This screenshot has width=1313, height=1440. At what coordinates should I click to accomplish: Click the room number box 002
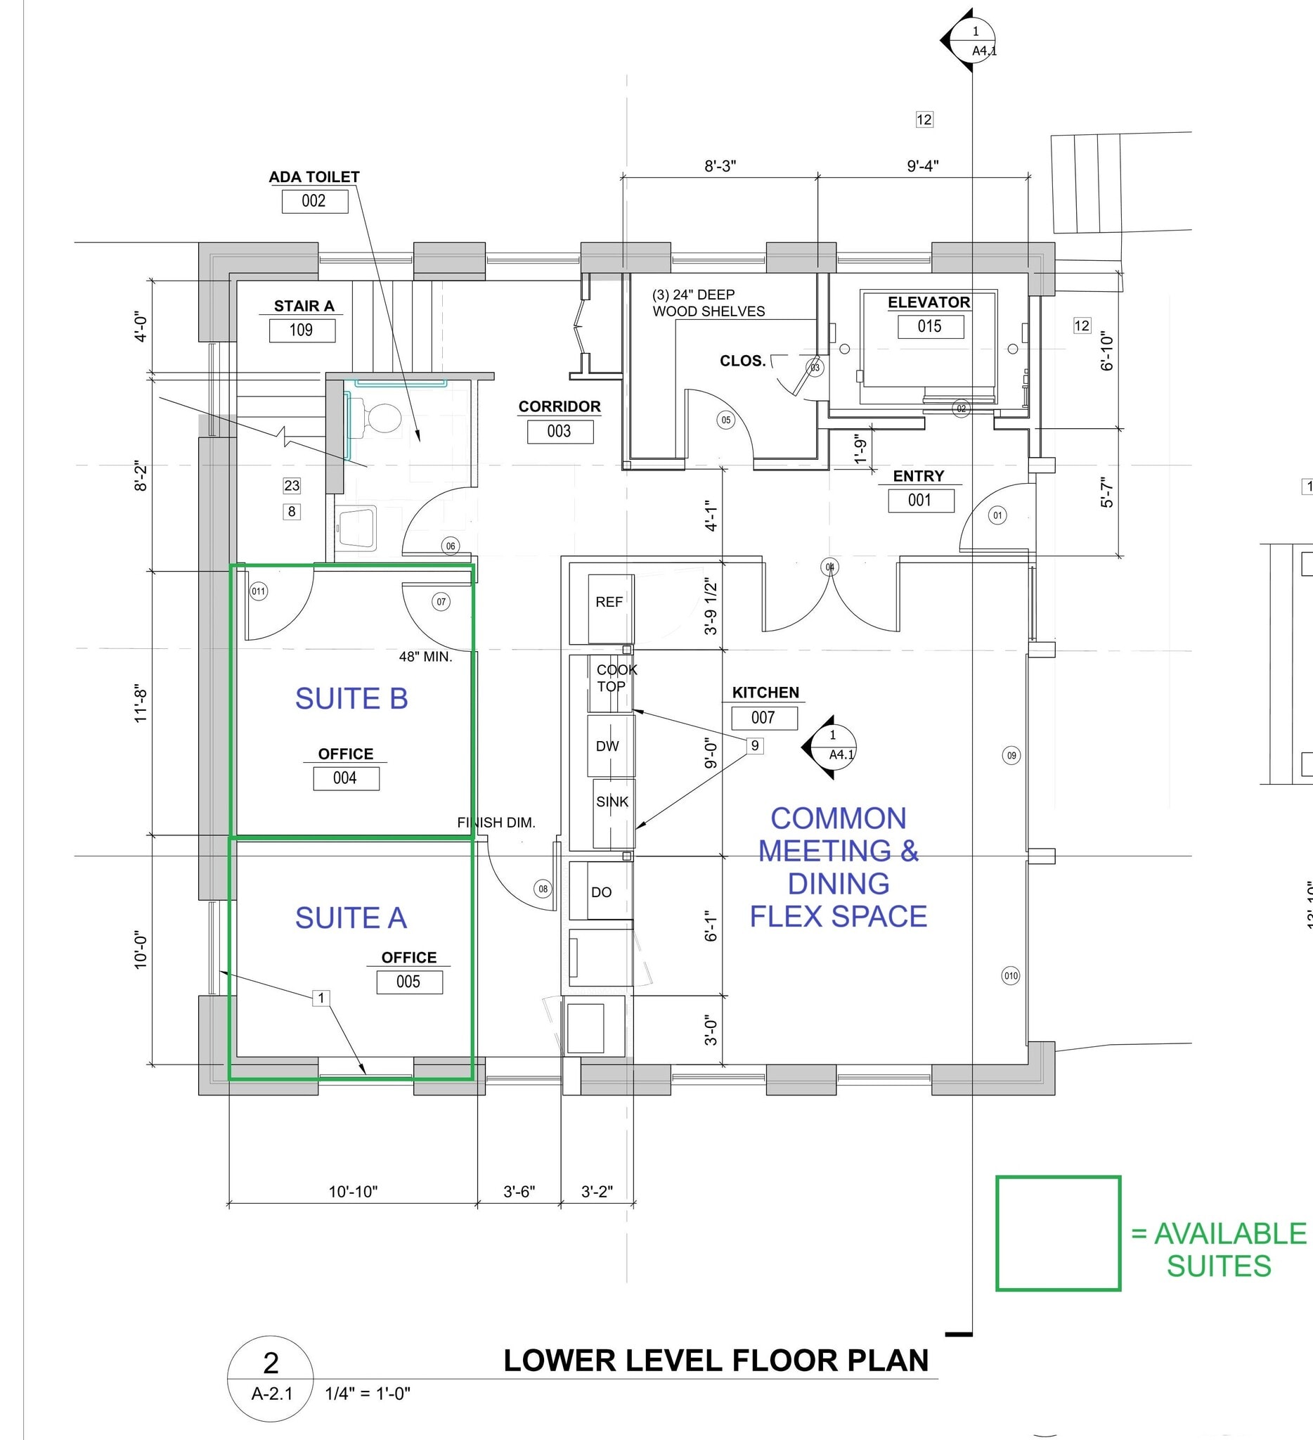315,200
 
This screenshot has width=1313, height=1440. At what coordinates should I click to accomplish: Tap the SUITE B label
351,699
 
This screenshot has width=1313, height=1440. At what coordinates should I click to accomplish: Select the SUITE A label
351,918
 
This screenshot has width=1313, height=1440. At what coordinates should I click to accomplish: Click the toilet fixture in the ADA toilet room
381,418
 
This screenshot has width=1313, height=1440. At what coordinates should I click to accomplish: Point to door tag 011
259,591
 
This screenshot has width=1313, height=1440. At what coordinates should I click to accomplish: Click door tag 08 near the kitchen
543,889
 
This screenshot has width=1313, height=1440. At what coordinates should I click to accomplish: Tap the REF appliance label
609,602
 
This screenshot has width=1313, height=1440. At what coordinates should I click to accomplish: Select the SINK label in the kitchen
612,802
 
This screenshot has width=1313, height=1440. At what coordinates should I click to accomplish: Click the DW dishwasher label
607,747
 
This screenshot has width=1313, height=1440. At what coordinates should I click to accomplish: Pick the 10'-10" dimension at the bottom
353,1191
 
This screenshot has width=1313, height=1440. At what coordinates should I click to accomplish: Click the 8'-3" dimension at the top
720,167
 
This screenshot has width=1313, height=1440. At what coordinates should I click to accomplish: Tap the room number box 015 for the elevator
931,326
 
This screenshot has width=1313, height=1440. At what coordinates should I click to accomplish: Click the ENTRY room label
918,476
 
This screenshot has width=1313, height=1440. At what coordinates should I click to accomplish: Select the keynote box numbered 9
755,746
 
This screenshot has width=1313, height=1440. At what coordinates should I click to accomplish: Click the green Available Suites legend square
1058,1233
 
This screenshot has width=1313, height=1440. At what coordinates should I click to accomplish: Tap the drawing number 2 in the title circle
271,1363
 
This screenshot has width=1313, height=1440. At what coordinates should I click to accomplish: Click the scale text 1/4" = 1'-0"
368,1394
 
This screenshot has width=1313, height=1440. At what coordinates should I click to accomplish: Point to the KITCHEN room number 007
764,718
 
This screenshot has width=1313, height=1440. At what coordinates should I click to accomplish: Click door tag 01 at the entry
997,515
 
